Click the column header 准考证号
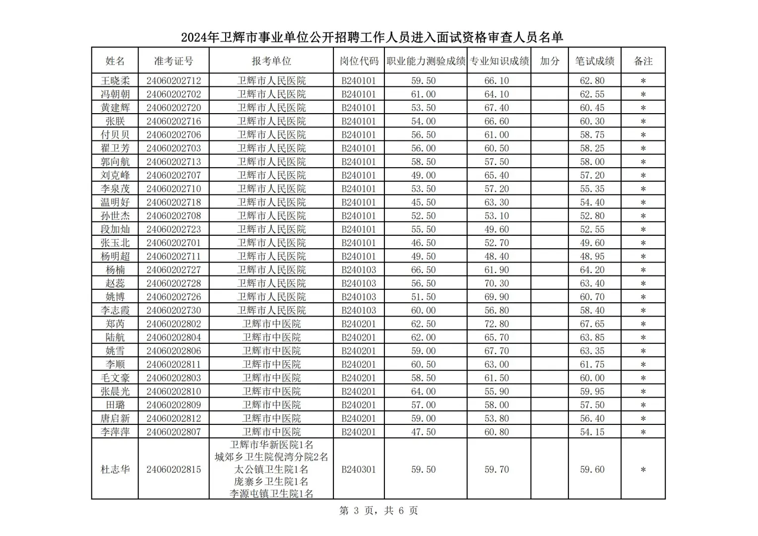click(x=174, y=61)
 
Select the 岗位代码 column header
click(x=359, y=61)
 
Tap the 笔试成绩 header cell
click(x=594, y=61)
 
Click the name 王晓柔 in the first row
click(x=115, y=81)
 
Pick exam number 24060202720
click(x=174, y=108)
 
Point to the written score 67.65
click(x=592, y=324)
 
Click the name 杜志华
click(x=115, y=469)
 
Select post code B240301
click(x=359, y=469)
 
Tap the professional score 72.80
click(x=497, y=324)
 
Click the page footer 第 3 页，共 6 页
click(x=379, y=511)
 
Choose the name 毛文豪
click(x=115, y=378)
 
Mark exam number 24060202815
click(x=174, y=469)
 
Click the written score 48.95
click(x=592, y=257)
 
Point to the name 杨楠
click(x=115, y=270)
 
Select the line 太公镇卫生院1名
click(x=271, y=469)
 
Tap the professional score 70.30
click(x=497, y=283)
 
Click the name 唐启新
click(x=115, y=418)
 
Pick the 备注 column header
click(x=643, y=61)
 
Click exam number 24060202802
click(x=174, y=324)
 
